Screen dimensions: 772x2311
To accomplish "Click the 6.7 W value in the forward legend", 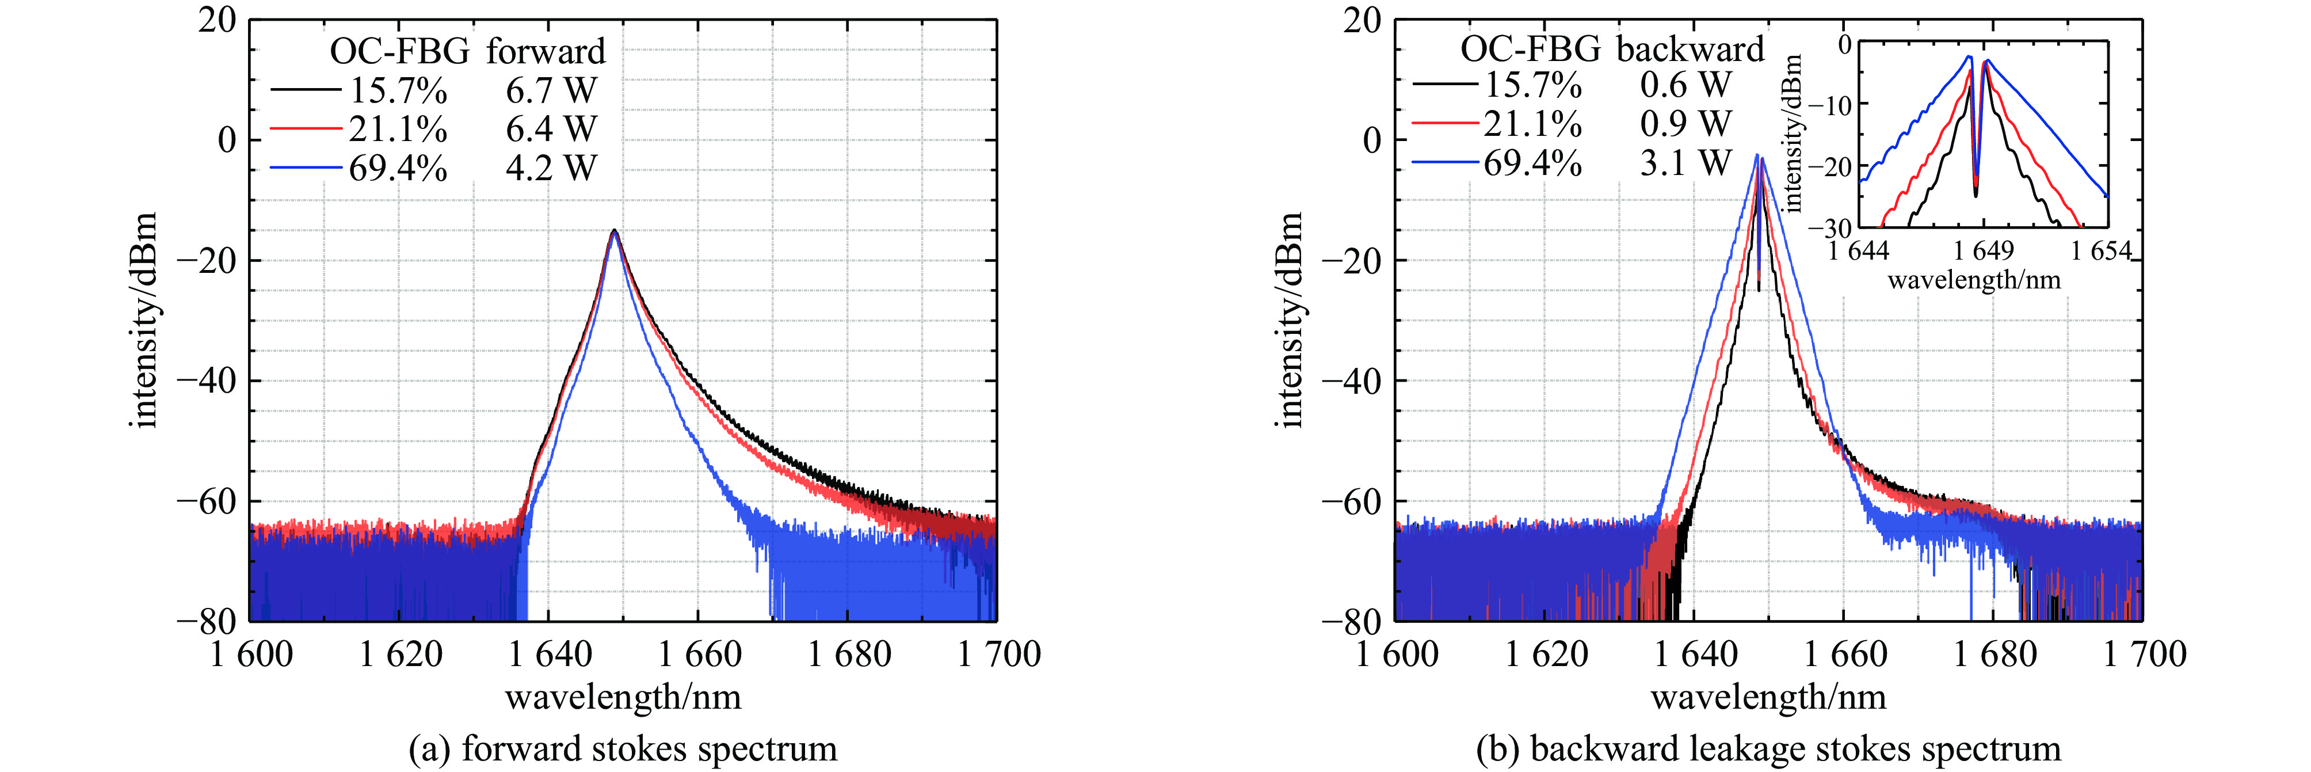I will click(x=551, y=90).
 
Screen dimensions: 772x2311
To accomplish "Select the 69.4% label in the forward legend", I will click(x=398, y=168).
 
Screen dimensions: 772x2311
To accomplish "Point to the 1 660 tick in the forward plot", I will click(x=700, y=655).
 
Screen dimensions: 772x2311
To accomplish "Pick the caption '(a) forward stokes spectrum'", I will click(x=623, y=748).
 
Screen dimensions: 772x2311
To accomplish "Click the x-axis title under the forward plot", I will click(x=623, y=697).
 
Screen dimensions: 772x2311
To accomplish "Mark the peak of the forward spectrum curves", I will click(x=615, y=231).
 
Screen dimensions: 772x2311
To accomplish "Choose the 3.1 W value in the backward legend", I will click(x=1685, y=162).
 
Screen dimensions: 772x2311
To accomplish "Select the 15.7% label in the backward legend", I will click(x=1532, y=85).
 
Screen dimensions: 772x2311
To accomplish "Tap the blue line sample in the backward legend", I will click(x=1444, y=162).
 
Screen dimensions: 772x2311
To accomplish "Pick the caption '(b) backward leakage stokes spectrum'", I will click(x=1768, y=748).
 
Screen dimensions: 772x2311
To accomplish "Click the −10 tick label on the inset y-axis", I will click(x=1829, y=104).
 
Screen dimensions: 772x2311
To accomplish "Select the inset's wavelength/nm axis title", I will click(x=1974, y=280).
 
